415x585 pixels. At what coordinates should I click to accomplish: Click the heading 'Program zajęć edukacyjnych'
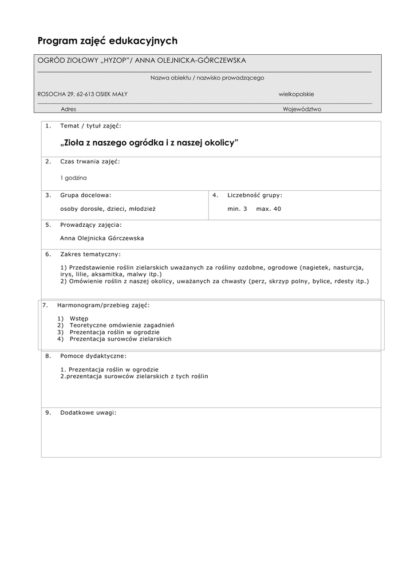[x=108, y=41]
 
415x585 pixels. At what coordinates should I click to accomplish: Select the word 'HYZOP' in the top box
[x=114, y=61]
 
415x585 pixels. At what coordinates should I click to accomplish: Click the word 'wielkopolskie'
[x=296, y=94]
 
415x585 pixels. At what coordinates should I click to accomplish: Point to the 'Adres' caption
[x=68, y=109]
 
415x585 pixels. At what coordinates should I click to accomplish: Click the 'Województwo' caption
[x=302, y=109]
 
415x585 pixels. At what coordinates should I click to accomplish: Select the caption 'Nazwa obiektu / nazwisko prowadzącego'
[x=207, y=78]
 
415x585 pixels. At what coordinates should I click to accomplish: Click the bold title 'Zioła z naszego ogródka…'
[x=148, y=142]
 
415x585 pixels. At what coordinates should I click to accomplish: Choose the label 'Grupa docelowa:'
[x=86, y=195]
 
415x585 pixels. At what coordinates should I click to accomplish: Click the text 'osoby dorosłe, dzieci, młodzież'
[x=108, y=209]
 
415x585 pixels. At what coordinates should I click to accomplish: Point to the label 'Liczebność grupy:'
[x=255, y=195]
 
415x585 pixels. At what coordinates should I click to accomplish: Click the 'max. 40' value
[x=268, y=209]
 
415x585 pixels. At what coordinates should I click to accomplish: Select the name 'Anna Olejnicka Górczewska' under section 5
[x=102, y=238]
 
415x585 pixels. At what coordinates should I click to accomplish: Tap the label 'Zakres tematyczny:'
[x=90, y=254]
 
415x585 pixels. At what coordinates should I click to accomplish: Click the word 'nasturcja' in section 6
[x=349, y=267]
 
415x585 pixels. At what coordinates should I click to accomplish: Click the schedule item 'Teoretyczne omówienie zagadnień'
[x=122, y=325]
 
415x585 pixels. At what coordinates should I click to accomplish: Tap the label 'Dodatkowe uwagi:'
[x=88, y=412]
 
